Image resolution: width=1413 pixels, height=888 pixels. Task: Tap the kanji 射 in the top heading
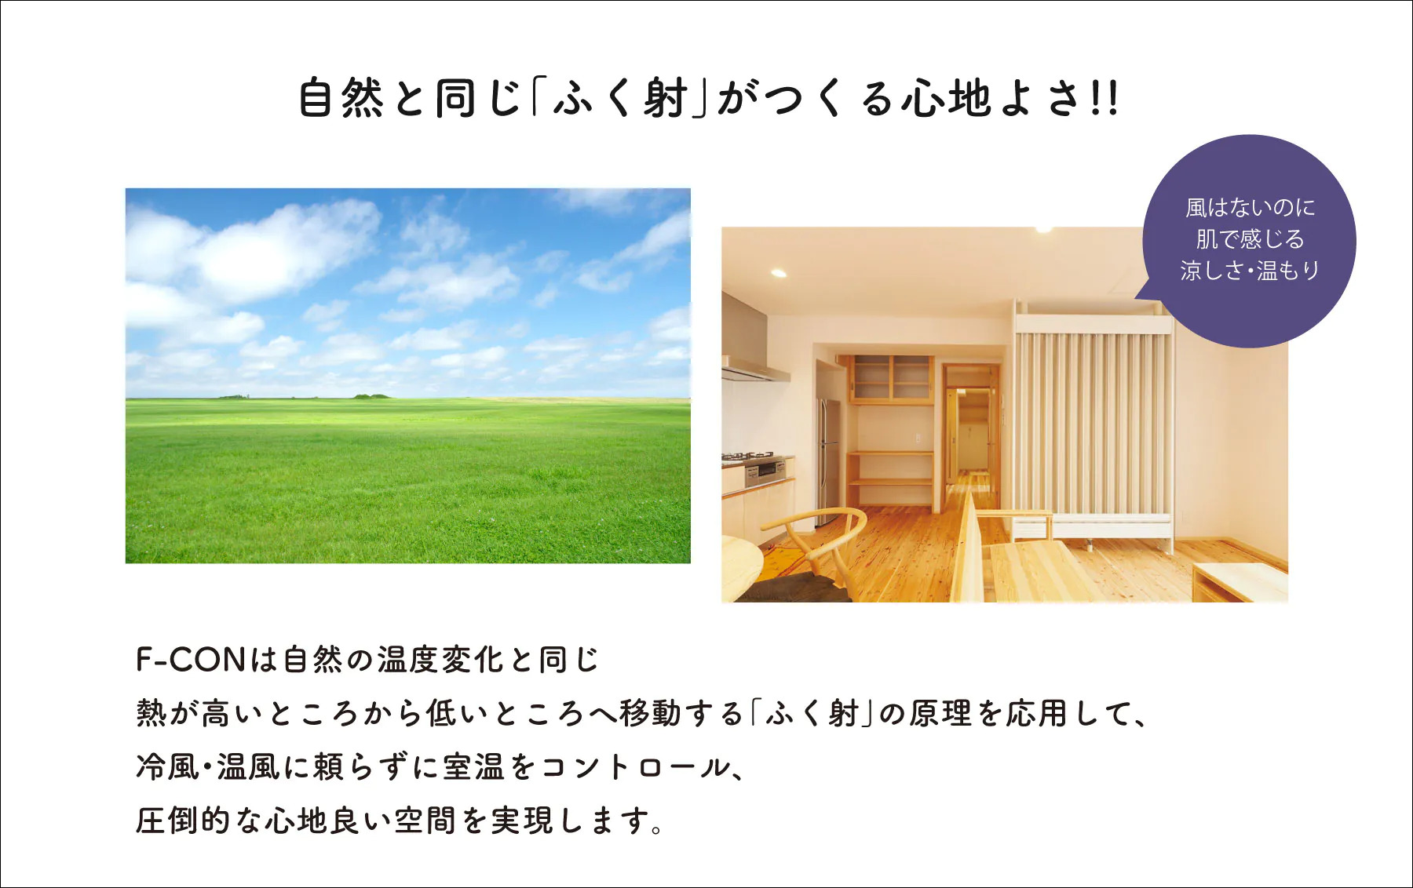(666, 98)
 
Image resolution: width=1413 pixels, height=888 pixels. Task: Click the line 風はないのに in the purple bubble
(1250, 208)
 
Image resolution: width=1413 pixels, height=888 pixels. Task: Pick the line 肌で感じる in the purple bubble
(1250, 238)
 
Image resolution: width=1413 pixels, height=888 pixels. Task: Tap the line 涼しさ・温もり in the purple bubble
(1250, 270)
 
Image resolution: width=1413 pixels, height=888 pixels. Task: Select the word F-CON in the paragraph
(192, 660)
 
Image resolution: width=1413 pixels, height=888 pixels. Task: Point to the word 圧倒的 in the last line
(183, 821)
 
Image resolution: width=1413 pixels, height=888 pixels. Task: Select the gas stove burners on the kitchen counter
(748, 457)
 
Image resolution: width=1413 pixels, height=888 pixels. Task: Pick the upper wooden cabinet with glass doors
(893, 380)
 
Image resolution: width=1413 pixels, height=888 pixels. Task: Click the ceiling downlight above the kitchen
(778, 273)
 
